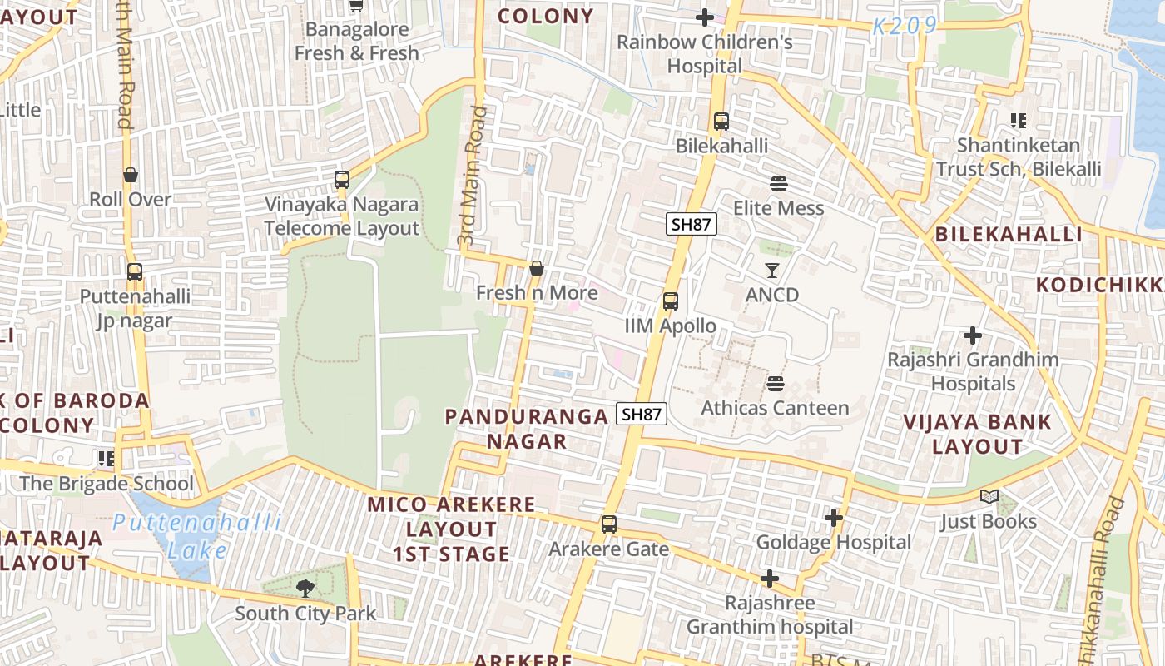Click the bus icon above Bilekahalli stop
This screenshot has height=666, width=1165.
[721, 122]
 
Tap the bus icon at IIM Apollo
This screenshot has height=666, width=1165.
[671, 301]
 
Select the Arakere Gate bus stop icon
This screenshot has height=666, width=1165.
[609, 524]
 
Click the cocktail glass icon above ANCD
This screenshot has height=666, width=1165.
[772, 271]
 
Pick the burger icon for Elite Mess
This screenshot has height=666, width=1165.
[779, 183]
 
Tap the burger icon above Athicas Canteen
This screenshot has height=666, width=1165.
[776, 384]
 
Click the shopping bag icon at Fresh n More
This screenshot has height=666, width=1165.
[537, 268]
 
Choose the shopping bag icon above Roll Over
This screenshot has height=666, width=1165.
[131, 175]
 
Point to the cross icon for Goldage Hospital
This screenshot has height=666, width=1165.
[834, 519]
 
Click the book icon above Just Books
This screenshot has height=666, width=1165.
[989, 497]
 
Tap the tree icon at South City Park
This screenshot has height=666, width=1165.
[305, 589]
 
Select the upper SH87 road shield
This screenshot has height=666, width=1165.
[692, 224]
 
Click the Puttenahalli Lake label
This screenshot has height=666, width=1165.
[197, 536]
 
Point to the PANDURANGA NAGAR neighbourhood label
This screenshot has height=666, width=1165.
[527, 429]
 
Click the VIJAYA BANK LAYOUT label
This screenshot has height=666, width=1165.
[978, 434]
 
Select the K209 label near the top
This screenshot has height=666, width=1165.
[905, 26]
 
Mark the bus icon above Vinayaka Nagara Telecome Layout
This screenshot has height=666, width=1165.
[341, 180]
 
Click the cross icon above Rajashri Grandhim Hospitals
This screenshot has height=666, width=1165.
[973, 336]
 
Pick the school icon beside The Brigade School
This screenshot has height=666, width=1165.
[106, 458]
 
